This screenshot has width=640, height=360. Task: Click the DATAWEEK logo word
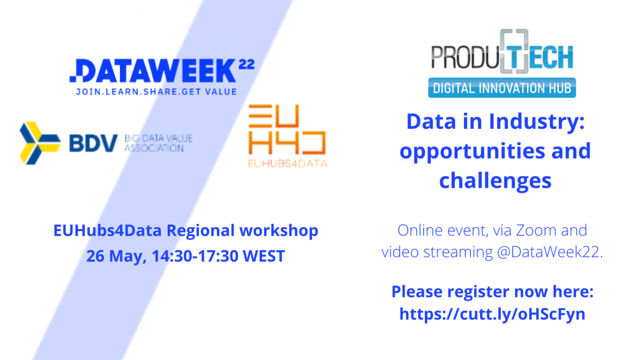click(153, 70)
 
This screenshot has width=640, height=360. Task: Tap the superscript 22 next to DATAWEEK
click(246, 65)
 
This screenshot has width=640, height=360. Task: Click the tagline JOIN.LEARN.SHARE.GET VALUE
click(156, 92)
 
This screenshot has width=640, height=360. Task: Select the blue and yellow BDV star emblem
click(40, 143)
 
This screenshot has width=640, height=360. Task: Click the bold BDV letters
click(93, 143)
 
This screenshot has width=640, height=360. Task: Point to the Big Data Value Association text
click(158, 143)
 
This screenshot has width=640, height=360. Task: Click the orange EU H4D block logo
click(287, 129)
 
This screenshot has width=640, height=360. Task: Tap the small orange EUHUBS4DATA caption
click(288, 163)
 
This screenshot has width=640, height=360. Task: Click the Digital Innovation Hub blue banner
click(502, 88)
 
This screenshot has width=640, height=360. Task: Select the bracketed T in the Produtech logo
click(514, 51)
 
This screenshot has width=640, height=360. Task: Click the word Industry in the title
click(537, 122)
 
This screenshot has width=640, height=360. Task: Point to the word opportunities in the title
click(472, 152)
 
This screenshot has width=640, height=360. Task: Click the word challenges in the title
click(495, 182)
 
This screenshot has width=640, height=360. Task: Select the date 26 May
click(116, 256)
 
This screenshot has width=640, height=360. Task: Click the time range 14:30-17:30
click(195, 256)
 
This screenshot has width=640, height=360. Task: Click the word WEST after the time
click(264, 256)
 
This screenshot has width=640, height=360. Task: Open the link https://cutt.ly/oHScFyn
click(492, 314)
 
